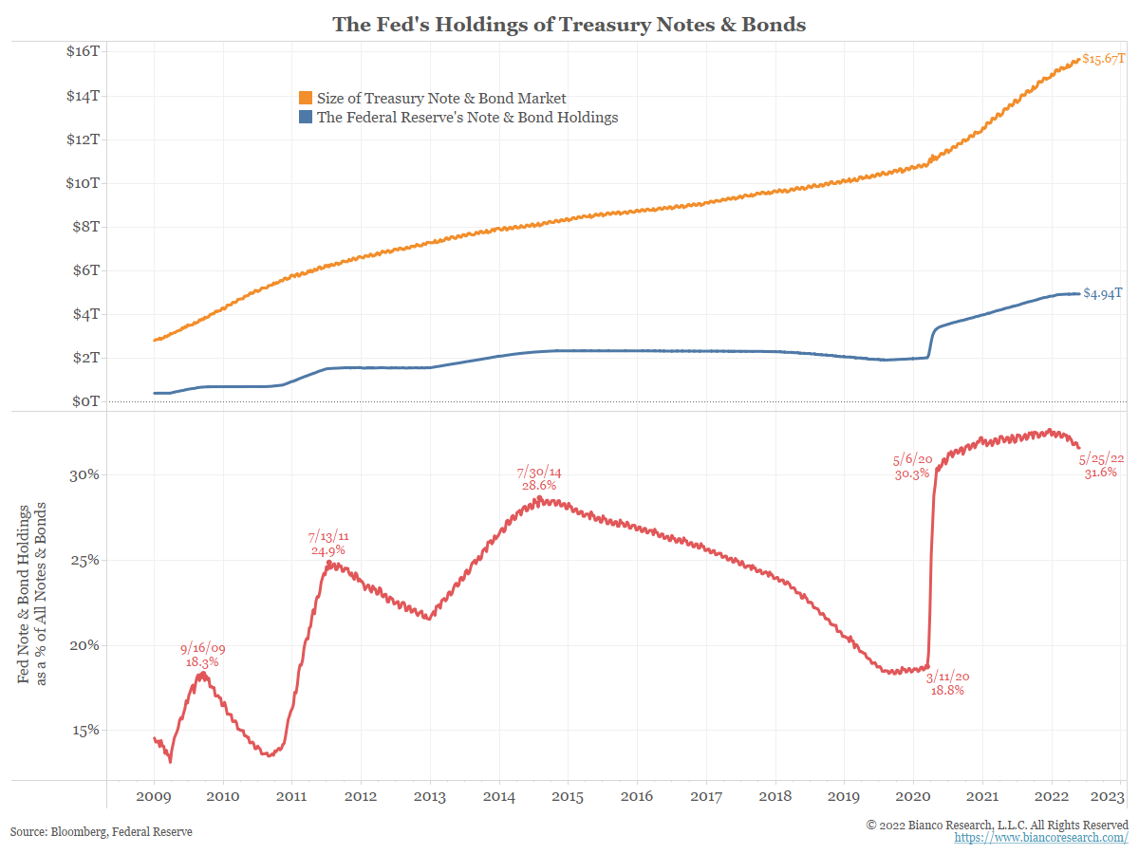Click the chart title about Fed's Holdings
click(x=569, y=25)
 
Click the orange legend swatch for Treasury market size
click(x=306, y=98)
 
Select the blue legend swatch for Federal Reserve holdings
click(x=306, y=118)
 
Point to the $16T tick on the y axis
click(x=84, y=51)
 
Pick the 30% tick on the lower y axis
click(x=84, y=474)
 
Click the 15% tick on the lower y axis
click(x=84, y=731)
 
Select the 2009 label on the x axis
click(x=154, y=795)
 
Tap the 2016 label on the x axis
click(x=638, y=795)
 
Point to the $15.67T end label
click(x=1104, y=59)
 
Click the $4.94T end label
click(x=1103, y=293)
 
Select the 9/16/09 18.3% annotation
click(x=202, y=656)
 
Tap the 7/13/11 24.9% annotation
click(x=327, y=544)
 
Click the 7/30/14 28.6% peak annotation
click(x=539, y=478)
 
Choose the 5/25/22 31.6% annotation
click(x=1100, y=465)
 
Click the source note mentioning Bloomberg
click(x=102, y=831)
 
